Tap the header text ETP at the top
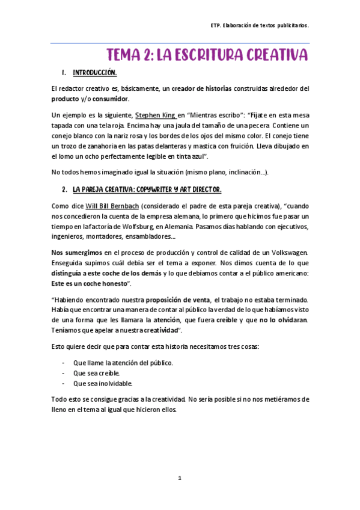(x=215, y=26)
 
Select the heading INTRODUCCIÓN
(x=94, y=73)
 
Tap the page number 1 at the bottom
(x=179, y=478)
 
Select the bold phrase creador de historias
(x=201, y=88)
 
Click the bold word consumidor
(x=109, y=99)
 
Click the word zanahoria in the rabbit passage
(x=104, y=146)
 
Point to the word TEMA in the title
(x=126, y=55)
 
